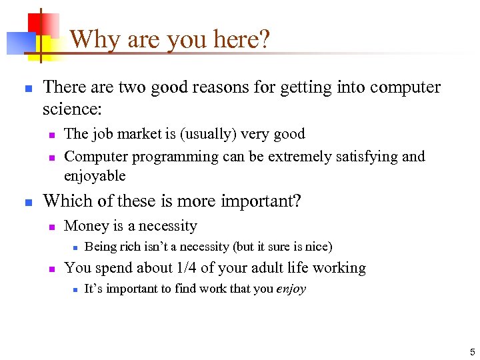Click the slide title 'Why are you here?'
pyautogui.click(x=170, y=39)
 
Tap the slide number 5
pyautogui.click(x=472, y=351)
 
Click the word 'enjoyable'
pyautogui.click(x=95, y=176)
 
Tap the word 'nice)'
pyautogui.click(x=318, y=247)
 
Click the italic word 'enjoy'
pyautogui.click(x=291, y=289)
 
